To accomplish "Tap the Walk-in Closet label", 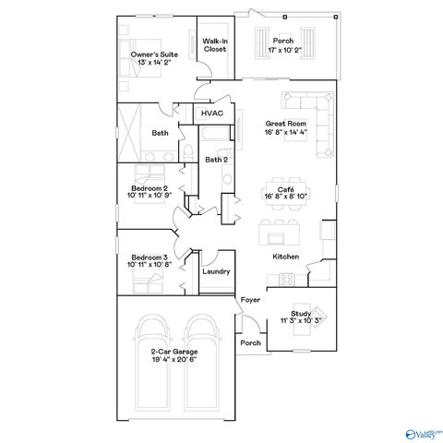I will coord(215,45).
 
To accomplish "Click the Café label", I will coord(284,187).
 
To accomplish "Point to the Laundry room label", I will coord(216,272).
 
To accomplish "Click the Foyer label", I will coord(249,302).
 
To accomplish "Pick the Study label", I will coord(299,313).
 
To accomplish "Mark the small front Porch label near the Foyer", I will coord(249,343).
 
